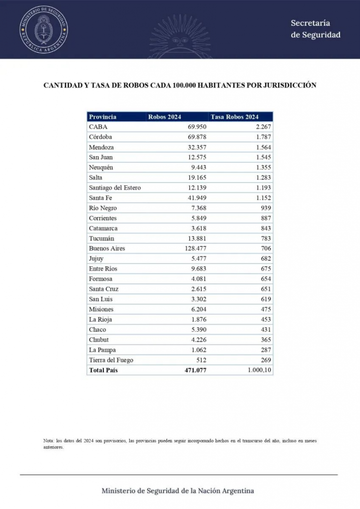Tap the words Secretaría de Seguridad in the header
[316, 29]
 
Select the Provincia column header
[102, 117]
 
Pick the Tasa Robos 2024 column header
[235, 117]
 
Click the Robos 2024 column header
[165, 117]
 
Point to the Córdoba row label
[100, 137]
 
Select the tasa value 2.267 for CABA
[262, 127]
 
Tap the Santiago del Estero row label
[115, 188]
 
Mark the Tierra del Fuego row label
[111, 360]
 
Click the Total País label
[103, 370]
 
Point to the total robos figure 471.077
[195, 370]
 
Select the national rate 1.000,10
[260, 370]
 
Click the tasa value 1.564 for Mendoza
[262, 147]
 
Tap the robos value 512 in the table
[201, 360]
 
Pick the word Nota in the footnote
[48, 440]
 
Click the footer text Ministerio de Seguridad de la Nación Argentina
[178, 491]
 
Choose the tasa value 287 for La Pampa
[266, 350]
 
